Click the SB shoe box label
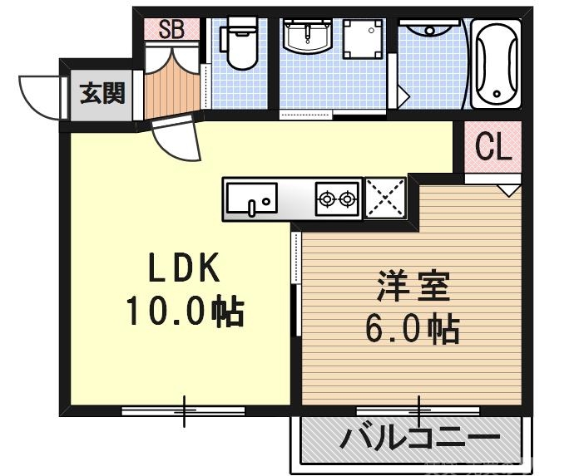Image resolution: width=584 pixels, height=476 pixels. point(171,30)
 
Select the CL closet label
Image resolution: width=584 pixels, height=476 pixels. point(493,148)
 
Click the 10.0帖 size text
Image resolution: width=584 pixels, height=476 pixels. point(184,312)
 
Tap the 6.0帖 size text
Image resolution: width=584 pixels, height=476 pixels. point(412,330)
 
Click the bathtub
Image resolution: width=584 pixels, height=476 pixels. point(496,65)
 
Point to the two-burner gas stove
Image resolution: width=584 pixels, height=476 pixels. point(337,199)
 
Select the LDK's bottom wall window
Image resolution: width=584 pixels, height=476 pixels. point(184,410)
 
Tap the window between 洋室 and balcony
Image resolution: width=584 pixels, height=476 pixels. point(418,410)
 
